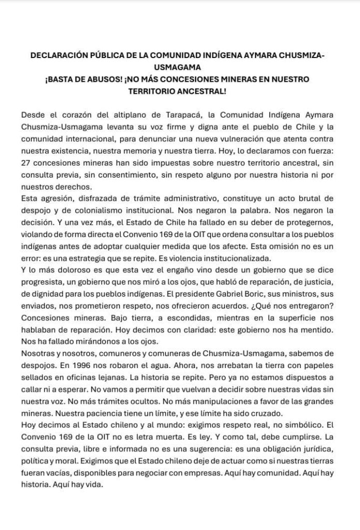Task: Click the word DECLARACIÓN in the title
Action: click(59, 55)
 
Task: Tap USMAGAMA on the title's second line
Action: click(179, 67)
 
